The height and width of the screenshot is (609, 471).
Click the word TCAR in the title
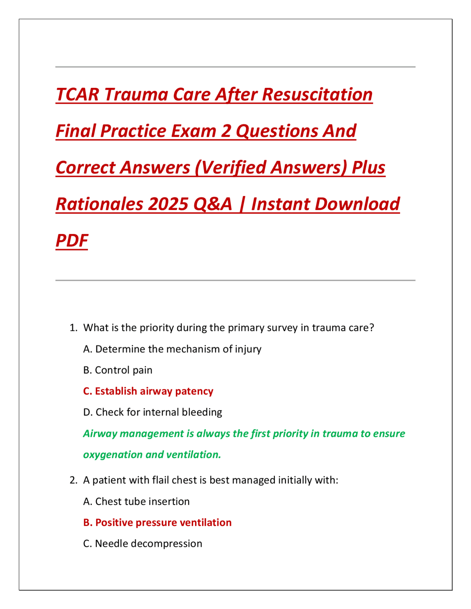pyautogui.click(x=77, y=95)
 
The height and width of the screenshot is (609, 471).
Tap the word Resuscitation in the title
pyautogui.click(x=317, y=95)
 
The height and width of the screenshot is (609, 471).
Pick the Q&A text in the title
pyautogui.click(x=213, y=204)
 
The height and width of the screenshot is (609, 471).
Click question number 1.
pyautogui.click(x=74, y=328)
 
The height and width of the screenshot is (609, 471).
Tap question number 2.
pyautogui.click(x=74, y=480)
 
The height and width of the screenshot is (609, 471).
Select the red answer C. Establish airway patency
pyautogui.click(x=148, y=391)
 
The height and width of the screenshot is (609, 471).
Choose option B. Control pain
pyautogui.click(x=118, y=370)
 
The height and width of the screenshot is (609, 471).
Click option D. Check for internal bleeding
pyautogui.click(x=153, y=412)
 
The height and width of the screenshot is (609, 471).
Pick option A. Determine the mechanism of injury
pyautogui.click(x=173, y=349)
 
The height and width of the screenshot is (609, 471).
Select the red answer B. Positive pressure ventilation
pyautogui.click(x=157, y=523)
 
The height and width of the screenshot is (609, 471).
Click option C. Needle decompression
pyautogui.click(x=143, y=544)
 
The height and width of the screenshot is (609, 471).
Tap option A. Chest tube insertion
pyautogui.click(x=137, y=502)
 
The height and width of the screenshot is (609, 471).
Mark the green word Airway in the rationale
pyautogui.click(x=100, y=434)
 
